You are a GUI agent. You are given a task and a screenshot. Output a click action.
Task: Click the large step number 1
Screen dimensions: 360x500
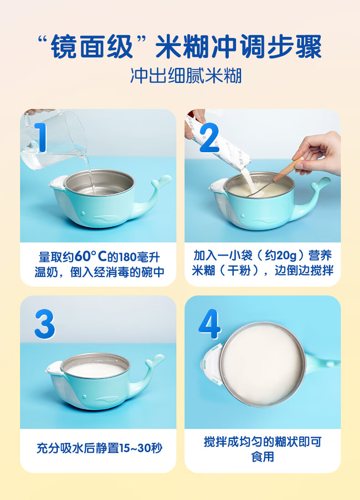point(41,137)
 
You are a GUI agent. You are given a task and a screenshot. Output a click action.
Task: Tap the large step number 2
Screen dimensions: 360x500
point(210,138)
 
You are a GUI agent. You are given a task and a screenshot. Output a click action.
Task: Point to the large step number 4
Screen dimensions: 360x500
point(210,324)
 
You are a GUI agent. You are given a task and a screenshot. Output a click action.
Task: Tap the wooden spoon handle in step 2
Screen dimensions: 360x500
point(288,169)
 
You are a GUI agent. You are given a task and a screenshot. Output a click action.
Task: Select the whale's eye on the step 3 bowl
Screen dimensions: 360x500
point(84,397)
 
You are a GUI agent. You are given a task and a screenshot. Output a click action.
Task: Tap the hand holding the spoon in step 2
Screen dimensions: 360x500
point(317,153)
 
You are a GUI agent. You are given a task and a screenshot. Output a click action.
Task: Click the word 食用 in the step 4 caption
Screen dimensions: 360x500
point(262,457)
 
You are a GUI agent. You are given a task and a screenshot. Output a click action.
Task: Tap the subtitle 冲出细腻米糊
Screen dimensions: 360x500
point(186,76)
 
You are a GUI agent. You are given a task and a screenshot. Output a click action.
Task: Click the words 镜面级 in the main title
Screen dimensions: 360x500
point(92,46)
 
